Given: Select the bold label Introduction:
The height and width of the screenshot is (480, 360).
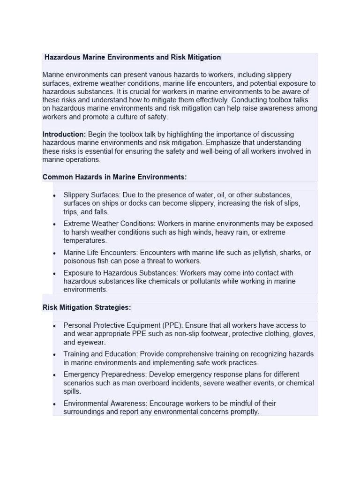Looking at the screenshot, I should tap(64, 134).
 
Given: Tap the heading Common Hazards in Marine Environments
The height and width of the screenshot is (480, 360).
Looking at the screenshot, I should tap(114, 177).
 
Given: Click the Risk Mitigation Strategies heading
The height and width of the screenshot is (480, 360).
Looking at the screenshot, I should tap(87, 307).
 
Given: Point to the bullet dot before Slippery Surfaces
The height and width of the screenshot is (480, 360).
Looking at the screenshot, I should tap(55, 195).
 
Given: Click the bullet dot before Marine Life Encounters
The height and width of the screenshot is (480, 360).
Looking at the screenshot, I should tap(55, 253).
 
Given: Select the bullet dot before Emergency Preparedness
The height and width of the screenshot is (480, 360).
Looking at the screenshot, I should tap(55, 375).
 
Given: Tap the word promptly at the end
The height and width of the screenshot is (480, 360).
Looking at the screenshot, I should tap(244, 412).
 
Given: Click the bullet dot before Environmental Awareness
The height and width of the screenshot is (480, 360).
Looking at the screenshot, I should tap(55, 404).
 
